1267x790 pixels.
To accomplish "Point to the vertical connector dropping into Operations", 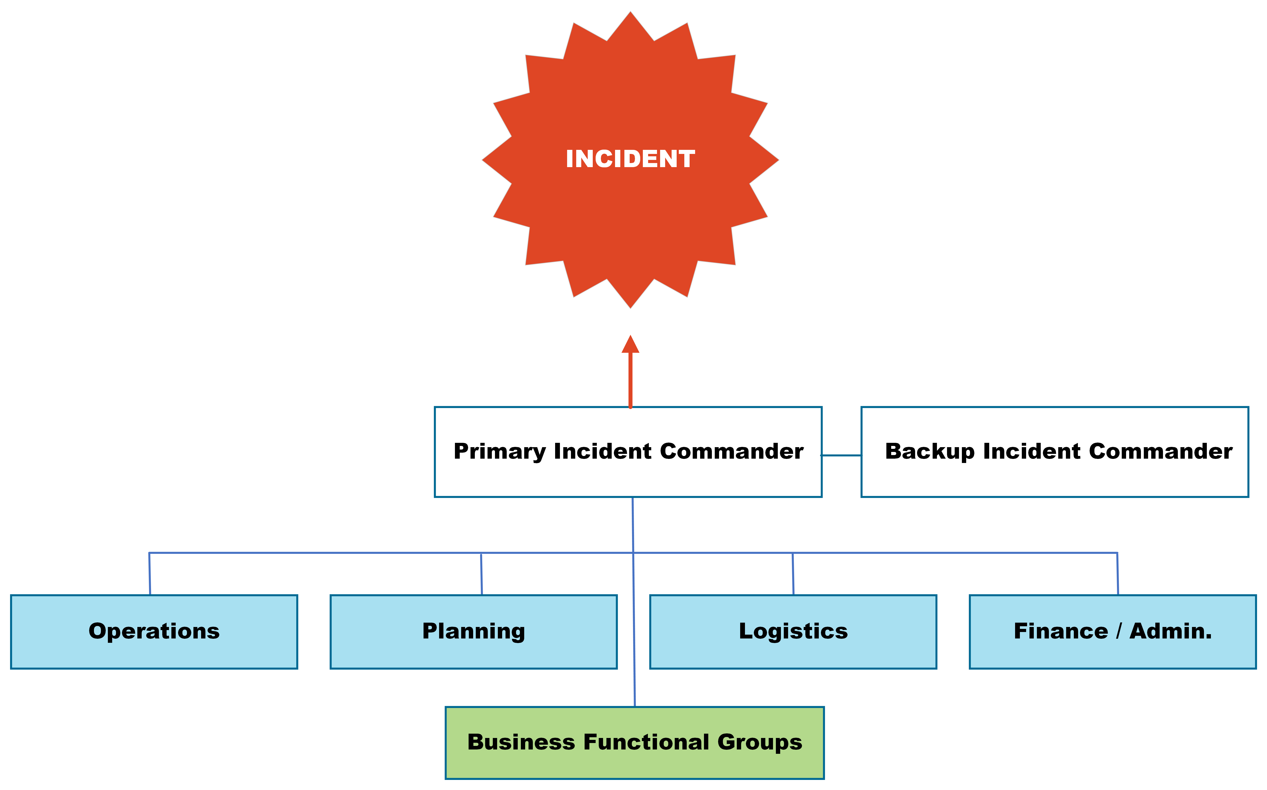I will [x=150, y=574].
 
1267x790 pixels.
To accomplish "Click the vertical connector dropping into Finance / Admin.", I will [x=1118, y=574].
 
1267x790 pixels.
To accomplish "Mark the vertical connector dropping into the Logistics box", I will [x=793, y=574].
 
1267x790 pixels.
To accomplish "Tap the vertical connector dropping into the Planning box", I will [x=481, y=574].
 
